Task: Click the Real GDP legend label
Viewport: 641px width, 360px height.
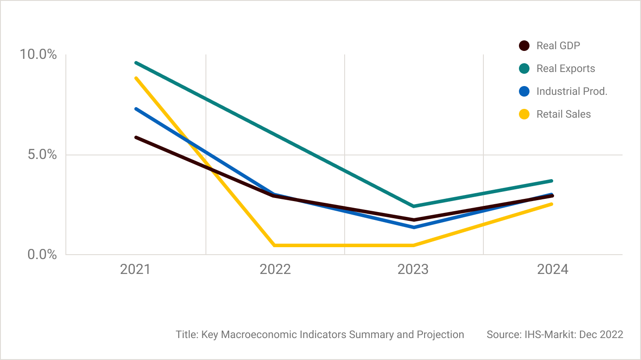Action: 558,46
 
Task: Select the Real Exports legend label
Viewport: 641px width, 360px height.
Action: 565,68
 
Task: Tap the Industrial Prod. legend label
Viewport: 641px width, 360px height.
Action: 572,91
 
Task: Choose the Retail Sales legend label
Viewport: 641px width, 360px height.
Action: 563,114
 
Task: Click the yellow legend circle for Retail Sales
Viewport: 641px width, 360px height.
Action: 524,114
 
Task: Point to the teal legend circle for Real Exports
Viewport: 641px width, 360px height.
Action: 524,68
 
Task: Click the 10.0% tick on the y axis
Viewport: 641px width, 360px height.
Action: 38,54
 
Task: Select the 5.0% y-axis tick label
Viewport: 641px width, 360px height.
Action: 42,155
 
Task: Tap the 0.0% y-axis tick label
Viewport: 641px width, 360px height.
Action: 42,255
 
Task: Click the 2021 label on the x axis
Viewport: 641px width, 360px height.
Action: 135,269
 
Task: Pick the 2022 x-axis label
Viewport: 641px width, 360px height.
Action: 275,269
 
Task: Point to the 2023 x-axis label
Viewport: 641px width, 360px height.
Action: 413,269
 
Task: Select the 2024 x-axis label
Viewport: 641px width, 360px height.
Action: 552,269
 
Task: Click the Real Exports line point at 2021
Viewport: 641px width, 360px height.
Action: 136,63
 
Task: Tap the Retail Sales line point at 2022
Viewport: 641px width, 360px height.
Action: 275,245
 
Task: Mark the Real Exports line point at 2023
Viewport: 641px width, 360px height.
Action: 414,206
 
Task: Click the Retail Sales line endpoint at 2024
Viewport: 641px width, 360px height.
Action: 551,204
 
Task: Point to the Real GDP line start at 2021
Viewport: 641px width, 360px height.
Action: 136,137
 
